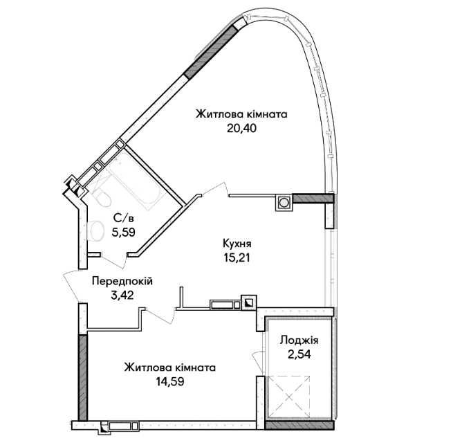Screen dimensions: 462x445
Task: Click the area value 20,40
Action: [x=241, y=128]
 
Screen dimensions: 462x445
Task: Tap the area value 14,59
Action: [x=170, y=381]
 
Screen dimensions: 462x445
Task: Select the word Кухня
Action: [x=237, y=244]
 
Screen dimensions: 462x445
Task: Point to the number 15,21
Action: [x=237, y=258]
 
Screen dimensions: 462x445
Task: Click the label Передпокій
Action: [x=122, y=281]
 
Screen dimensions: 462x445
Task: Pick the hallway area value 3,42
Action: [x=122, y=296]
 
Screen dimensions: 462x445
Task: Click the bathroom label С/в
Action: [x=124, y=219]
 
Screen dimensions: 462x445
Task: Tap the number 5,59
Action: [x=124, y=233]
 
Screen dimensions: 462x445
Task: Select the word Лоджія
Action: [x=299, y=340]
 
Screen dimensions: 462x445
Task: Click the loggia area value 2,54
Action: [x=299, y=354]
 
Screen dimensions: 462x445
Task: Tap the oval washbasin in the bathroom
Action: [x=95, y=231]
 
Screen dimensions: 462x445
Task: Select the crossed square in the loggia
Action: [x=289, y=397]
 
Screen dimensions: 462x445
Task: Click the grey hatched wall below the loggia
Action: [x=299, y=425]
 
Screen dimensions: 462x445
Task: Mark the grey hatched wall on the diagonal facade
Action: [x=211, y=52]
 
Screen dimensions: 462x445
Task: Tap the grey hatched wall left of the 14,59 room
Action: [x=83, y=377]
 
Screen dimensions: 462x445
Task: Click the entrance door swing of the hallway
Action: [x=71, y=286]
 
